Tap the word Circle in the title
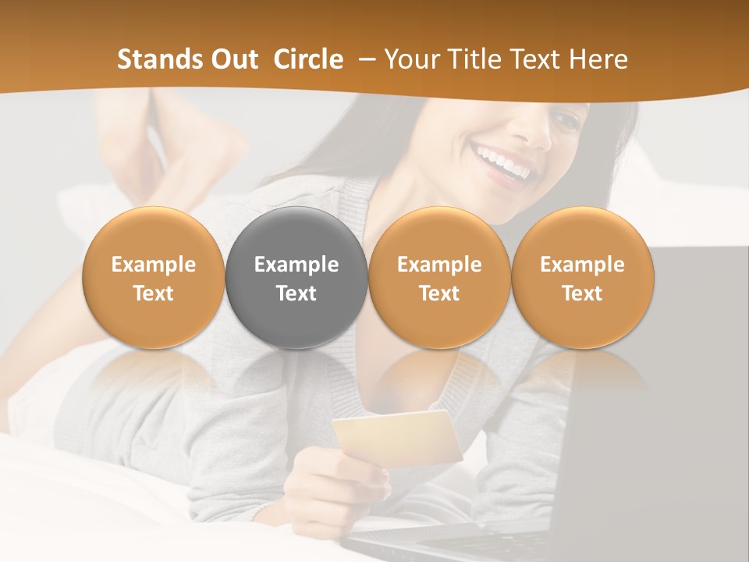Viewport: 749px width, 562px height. (x=308, y=59)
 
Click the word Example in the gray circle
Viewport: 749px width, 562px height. (x=296, y=265)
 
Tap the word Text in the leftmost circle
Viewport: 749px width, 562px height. (x=153, y=293)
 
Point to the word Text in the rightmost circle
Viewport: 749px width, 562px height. (x=582, y=293)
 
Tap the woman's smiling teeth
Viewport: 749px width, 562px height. (x=503, y=165)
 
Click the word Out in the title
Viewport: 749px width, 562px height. (x=232, y=59)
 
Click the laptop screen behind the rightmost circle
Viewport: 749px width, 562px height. (x=687, y=375)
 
